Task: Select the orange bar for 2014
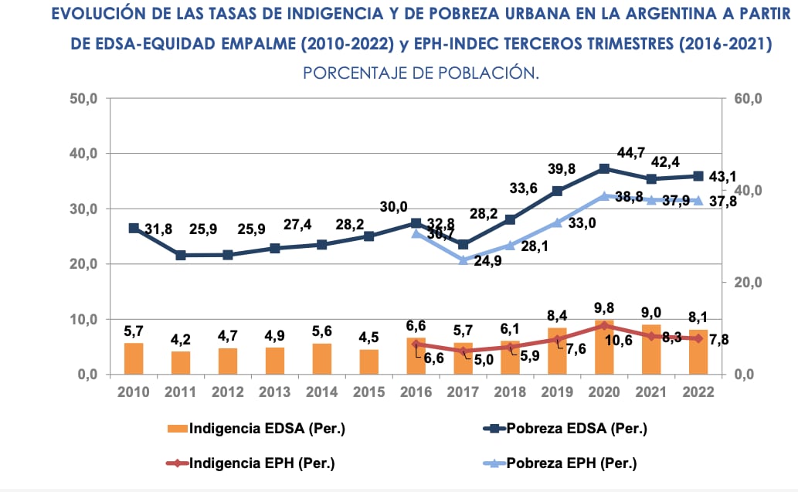[322, 359]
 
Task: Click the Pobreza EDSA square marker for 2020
[604, 168]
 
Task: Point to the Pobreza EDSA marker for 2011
[181, 255]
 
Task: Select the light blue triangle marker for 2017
[464, 260]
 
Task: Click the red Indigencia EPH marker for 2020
[604, 326]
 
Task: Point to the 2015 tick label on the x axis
[368, 392]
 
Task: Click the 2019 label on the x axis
[557, 392]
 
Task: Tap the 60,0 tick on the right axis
[747, 99]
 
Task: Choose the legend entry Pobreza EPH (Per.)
[572, 463]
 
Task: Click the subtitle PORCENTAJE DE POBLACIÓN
[420, 73]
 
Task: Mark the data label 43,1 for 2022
[722, 177]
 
